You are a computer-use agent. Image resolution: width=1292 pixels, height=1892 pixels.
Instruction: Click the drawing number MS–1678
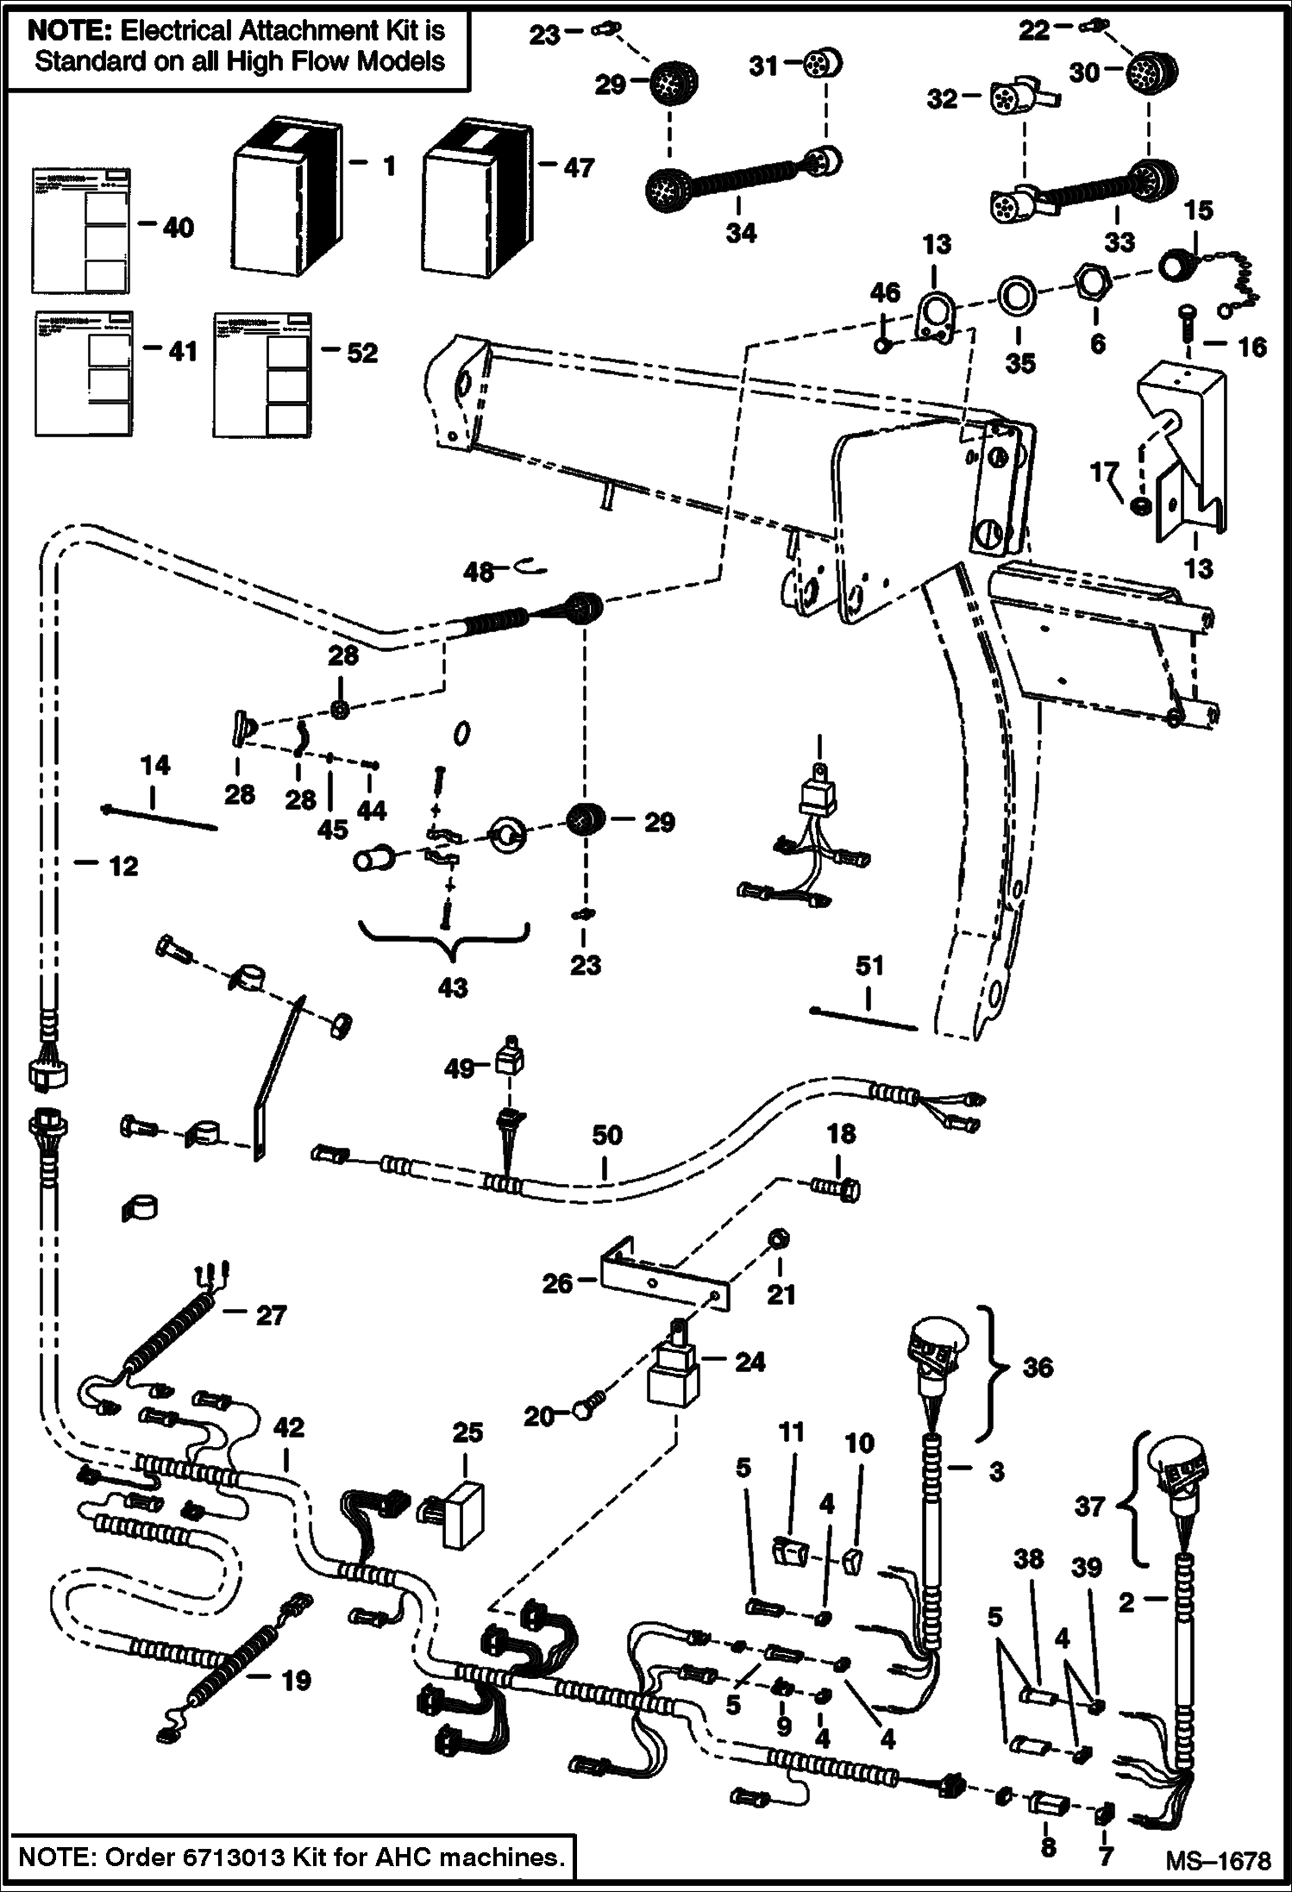(1217, 1861)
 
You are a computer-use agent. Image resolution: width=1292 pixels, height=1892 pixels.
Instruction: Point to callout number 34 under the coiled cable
(740, 232)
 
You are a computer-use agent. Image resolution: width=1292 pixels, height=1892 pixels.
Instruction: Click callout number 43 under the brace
(452, 987)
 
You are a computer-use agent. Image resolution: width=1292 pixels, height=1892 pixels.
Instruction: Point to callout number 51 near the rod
(869, 966)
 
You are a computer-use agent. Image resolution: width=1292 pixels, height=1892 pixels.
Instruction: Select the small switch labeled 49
(511, 1056)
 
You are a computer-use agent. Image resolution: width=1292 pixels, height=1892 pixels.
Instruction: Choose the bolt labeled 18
(836, 1189)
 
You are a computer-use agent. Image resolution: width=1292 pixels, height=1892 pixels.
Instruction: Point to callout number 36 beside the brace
(1038, 1367)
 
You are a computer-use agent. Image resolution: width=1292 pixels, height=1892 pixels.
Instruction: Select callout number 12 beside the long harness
(123, 867)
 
